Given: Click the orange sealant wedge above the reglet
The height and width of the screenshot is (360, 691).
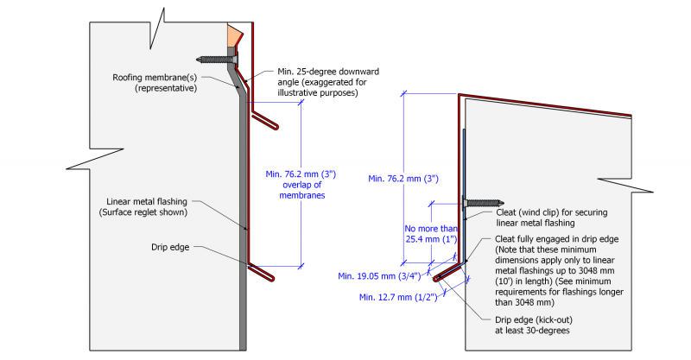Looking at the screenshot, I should point(233,37).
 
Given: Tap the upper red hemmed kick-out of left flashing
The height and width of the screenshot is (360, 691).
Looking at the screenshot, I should point(266,120).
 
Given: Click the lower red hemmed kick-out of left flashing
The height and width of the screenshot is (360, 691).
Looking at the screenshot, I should point(263,274).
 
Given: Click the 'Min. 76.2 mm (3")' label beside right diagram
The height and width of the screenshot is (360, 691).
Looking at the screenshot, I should point(404,179).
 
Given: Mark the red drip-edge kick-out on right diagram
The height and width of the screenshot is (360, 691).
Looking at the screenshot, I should point(447,274).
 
